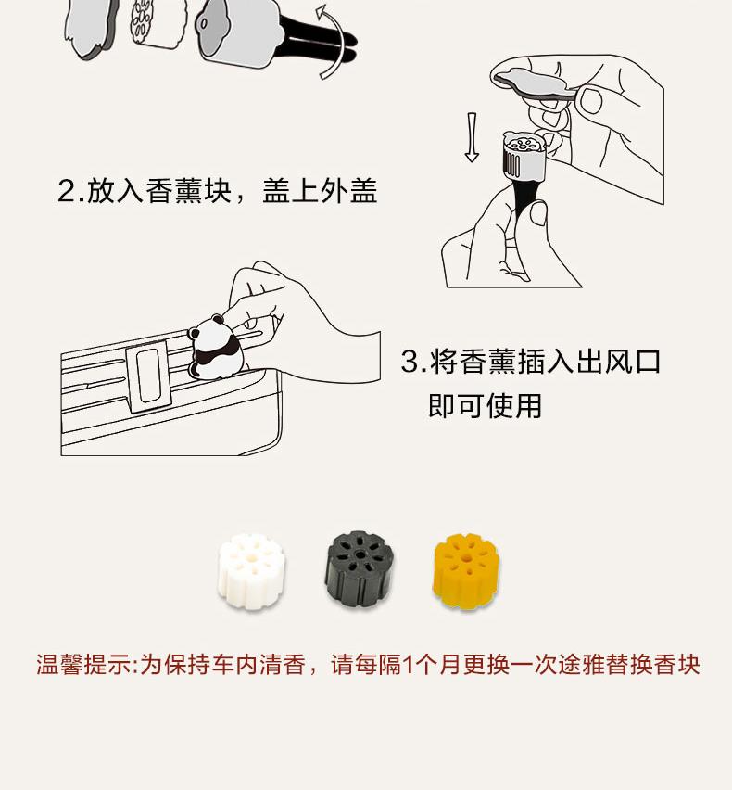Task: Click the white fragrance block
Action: tap(251, 571)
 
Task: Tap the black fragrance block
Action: tap(359, 567)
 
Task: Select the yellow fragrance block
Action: tap(466, 571)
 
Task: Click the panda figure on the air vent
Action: tap(213, 348)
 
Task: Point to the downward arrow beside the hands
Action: tap(472, 137)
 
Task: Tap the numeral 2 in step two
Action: tap(67, 191)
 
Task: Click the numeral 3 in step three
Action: tap(410, 362)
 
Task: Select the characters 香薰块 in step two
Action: tap(188, 191)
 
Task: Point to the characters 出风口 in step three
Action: tap(618, 362)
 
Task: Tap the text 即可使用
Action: tap(485, 405)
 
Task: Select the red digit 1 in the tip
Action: tap(409, 665)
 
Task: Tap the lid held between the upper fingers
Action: tap(535, 83)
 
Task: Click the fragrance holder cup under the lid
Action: tap(524, 155)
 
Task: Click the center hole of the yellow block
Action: tap(466, 558)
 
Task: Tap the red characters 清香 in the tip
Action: tap(283, 665)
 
